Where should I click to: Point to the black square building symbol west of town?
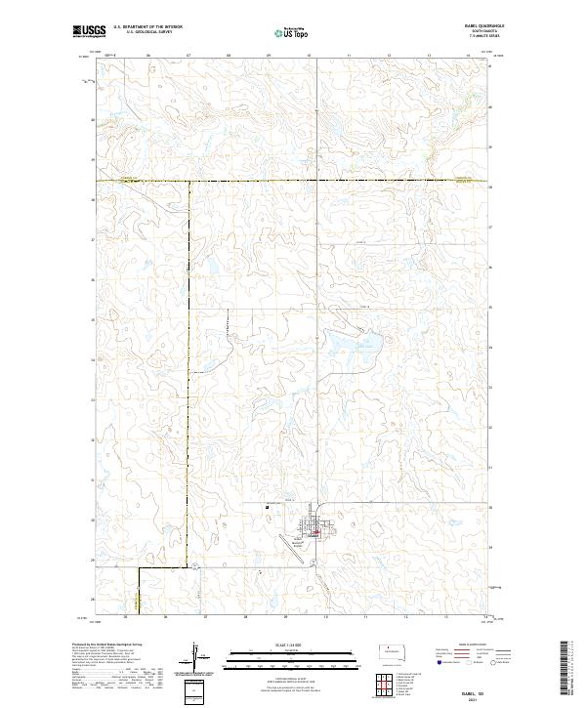(x=267, y=506)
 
